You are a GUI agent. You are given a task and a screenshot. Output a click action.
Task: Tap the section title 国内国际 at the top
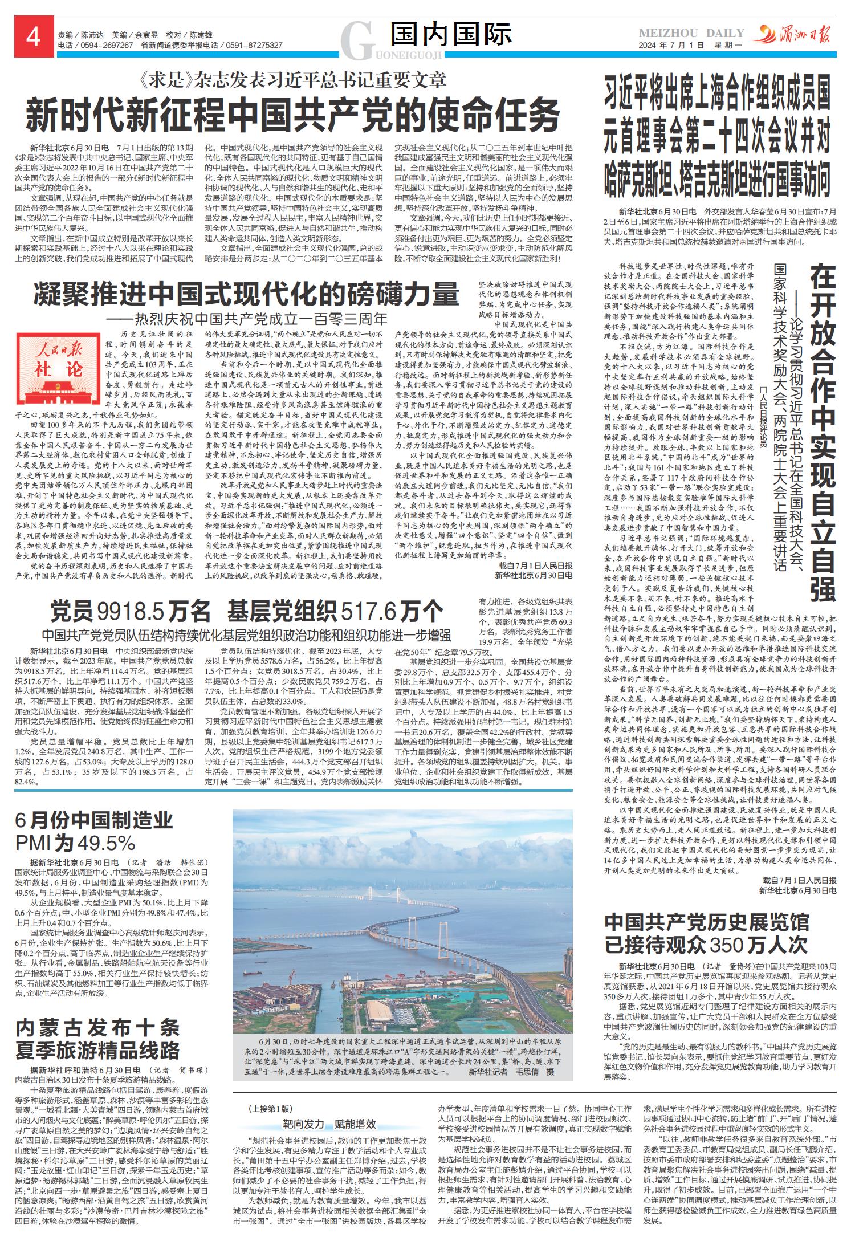click(451, 35)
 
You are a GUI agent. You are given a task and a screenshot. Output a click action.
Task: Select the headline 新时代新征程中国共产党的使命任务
click(292, 115)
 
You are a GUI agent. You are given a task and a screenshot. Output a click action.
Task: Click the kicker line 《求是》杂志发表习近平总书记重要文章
click(292, 80)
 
